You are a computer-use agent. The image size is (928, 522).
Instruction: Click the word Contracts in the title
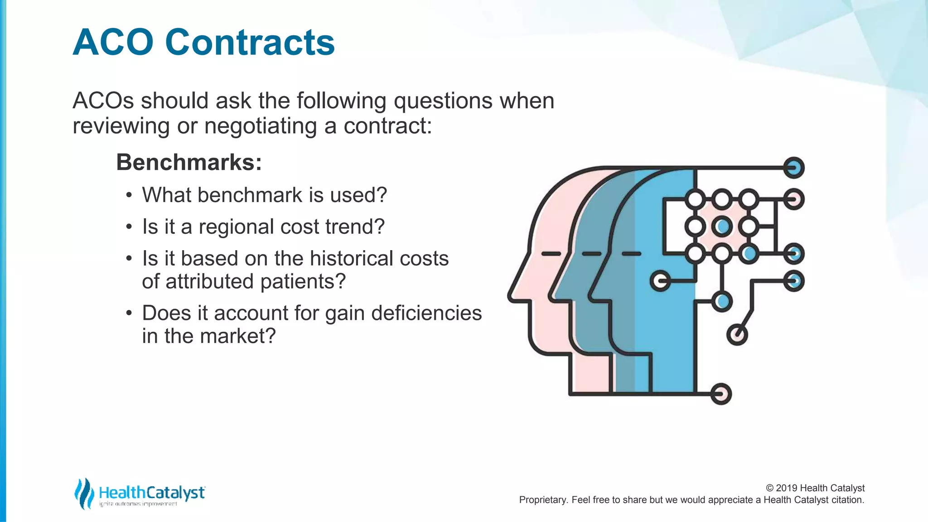250,43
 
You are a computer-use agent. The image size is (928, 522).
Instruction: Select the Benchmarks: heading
189,162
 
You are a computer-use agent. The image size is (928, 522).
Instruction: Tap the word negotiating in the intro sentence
261,126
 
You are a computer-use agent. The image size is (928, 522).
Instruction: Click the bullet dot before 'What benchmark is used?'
129,196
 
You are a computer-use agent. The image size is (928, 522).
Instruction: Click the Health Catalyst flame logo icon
84,493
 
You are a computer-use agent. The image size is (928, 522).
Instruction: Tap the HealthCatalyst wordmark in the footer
152,493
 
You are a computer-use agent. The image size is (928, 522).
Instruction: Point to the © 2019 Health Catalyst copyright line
815,488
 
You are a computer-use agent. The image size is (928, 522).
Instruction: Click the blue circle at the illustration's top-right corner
793,168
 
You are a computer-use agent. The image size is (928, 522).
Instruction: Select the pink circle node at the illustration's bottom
720,393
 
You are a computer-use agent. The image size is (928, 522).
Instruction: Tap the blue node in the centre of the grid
722,226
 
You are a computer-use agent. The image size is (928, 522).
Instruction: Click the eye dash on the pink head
551,254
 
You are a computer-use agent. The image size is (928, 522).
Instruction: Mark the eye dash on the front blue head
631,254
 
